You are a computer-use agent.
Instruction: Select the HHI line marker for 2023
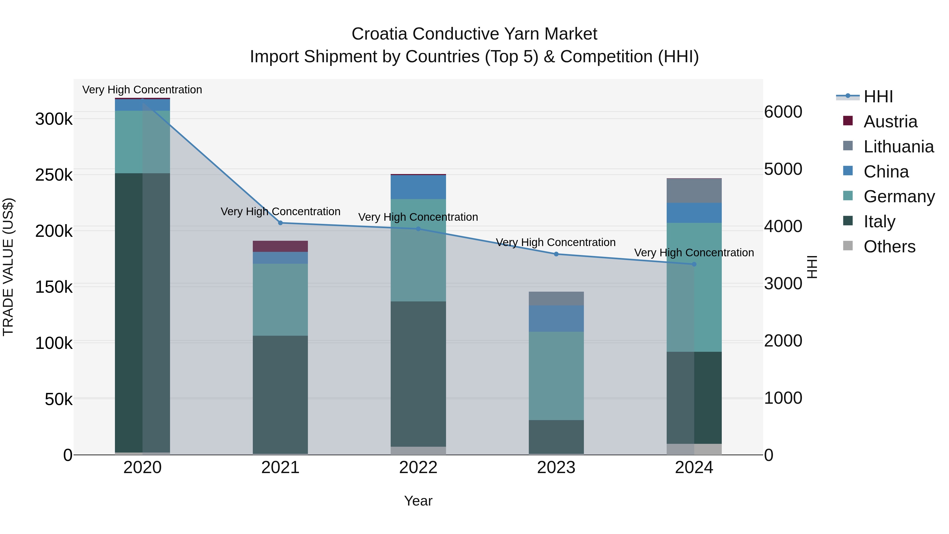[x=556, y=254]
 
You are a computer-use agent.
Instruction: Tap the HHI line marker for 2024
[x=694, y=264]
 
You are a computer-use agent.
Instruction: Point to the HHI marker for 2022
[x=418, y=229]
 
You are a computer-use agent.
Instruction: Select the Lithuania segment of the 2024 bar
[x=694, y=191]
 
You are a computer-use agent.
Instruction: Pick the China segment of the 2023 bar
[x=556, y=318]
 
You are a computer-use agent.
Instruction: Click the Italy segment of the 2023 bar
[x=556, y=437]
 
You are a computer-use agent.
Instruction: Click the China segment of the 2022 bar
[x=418, y=187]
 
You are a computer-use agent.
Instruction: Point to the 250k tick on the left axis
[x=54, y=175]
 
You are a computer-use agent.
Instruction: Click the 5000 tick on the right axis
[x=783, y=169]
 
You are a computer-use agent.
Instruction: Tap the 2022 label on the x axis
[x=418, y=468]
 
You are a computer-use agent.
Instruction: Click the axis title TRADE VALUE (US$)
[x=8, y=267]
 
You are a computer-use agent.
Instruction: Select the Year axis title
[x=418, y=501]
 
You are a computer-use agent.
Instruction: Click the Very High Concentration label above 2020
[x=142, y=90]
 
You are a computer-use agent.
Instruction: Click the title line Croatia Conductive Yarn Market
[x=474, y=34]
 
